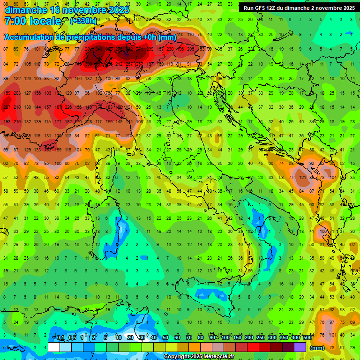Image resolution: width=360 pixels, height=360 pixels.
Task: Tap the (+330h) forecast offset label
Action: click(83, 21)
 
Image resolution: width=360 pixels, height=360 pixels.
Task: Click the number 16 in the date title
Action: click(57, 9)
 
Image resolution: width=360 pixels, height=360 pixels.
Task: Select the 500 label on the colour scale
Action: click(307, 338)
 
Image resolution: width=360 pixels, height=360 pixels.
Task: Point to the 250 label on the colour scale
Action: click(260, 338)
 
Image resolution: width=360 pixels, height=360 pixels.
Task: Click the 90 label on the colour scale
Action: click(213, 338)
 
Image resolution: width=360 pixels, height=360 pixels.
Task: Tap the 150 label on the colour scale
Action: click(237, 338)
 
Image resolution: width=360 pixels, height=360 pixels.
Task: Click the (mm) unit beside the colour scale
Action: click(317, 348)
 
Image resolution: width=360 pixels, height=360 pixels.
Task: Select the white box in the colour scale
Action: click(54, 347)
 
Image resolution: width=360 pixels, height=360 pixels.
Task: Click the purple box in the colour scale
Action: click(300, 347)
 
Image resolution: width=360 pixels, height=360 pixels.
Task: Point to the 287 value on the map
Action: click(7, 107)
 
